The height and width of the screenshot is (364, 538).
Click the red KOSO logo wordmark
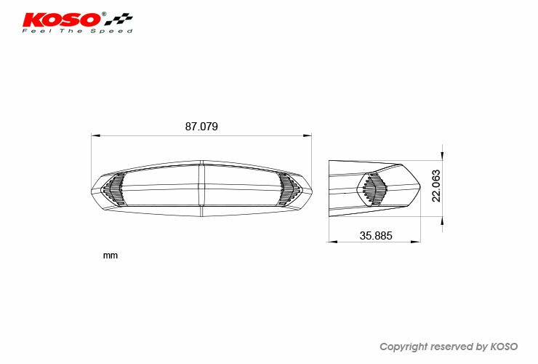point(62,20)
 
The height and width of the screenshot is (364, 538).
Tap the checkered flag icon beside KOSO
point(119,19)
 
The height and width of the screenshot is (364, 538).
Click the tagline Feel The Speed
point(78,31)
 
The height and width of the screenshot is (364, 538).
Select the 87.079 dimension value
point(201,127)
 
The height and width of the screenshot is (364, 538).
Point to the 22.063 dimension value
point(436,186)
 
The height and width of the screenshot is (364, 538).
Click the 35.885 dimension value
point(376,236)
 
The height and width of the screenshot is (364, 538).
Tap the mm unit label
point(110,256)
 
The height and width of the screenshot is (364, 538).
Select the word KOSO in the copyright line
point(504,347)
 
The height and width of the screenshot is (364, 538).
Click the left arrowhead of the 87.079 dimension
point(96,135)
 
